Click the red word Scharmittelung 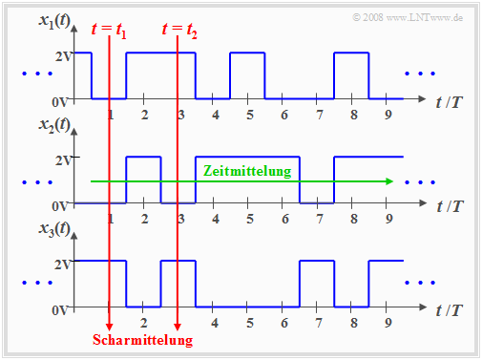(x=142, y=340)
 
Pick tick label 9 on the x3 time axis (x=389, y=323)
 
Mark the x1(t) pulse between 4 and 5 (x=248, y=74)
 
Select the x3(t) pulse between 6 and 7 (x=318, y=283)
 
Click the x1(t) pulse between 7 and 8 (x=351, y=74)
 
